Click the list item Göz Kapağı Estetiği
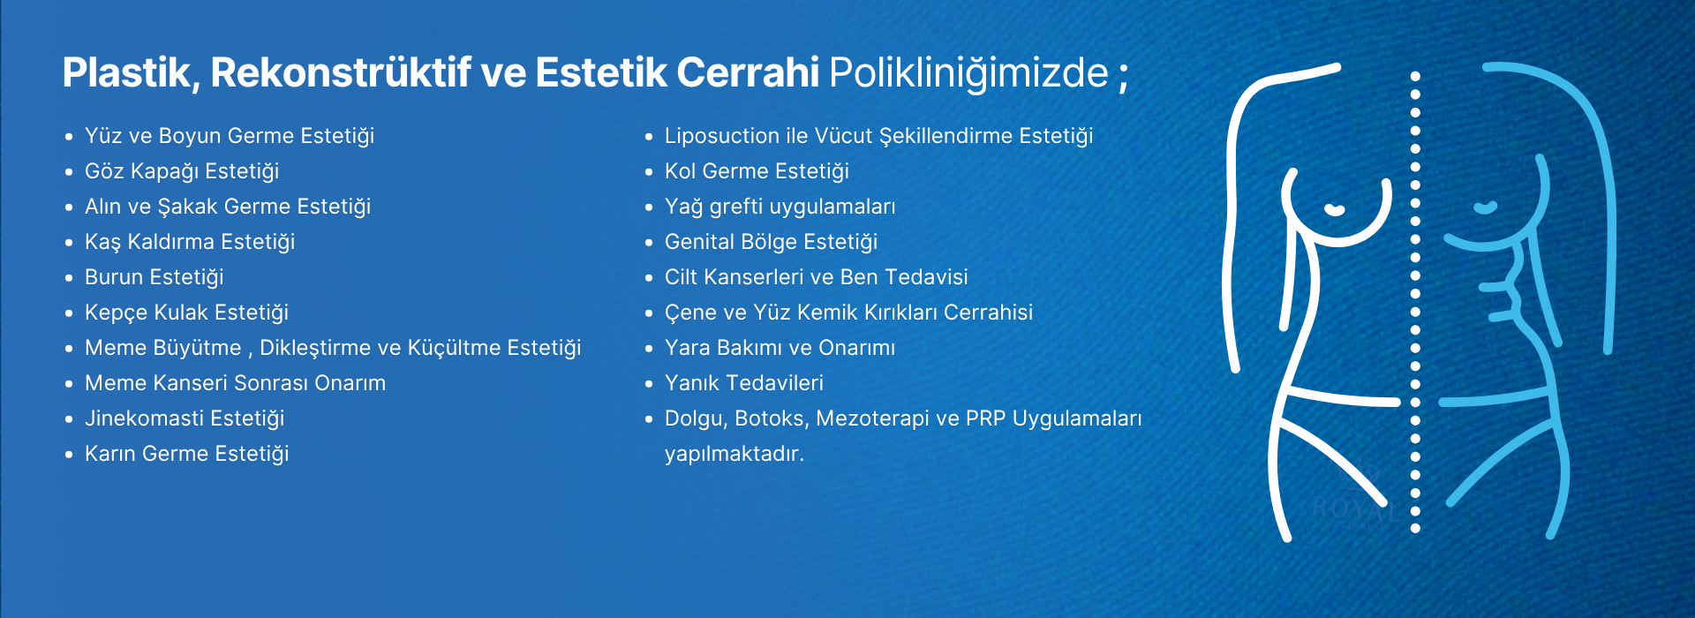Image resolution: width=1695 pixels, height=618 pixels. pos(182,171)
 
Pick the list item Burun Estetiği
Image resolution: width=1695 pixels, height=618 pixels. pos(154,277)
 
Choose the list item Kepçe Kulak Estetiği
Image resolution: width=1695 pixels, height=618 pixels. pos(187,313)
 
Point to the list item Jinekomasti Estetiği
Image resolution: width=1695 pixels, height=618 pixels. pos(185,418)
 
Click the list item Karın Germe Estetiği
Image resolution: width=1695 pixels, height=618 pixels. pos(187,454)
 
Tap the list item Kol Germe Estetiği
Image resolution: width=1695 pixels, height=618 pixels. pos(757,171)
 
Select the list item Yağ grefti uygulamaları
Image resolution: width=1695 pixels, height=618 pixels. pos(780,207)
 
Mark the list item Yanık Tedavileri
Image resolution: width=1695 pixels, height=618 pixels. pos(744,383)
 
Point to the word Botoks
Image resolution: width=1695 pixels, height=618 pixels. pos(772,418)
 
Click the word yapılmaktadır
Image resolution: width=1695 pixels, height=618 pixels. pos(734,455)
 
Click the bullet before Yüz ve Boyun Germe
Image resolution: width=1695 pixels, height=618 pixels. pos(69,137)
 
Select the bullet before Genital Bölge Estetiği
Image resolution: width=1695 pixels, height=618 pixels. pos(649,243)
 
